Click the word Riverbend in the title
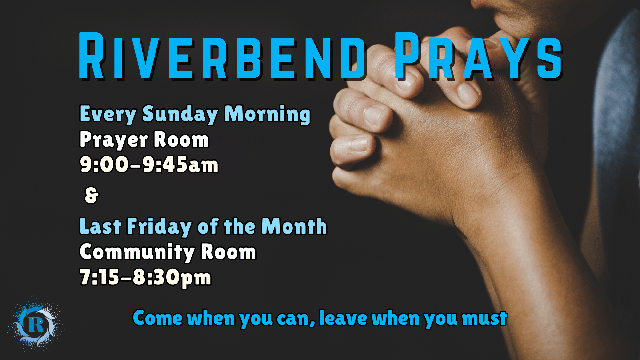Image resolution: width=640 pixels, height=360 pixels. (x=222, y=56)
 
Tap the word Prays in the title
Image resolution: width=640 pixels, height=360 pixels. (x=478, y=56)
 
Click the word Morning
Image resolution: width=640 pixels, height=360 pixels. (x=267, y=114)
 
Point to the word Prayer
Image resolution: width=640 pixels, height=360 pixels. (x=114, y=140)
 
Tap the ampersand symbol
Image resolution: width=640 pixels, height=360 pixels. (x=92, y=195)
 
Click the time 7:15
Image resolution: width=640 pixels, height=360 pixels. (x=99, y=277)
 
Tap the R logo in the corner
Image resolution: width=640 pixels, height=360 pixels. (x=36, y=325)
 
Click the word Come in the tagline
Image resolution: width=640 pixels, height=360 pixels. (x=158, y=319)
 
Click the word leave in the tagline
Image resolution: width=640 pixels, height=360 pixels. (x=343, y=319)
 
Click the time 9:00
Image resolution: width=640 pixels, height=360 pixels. (x=104, y=165)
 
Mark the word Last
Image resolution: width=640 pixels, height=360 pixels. (x=100, y=227)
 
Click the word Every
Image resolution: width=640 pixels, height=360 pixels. (x=108, y=114)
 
